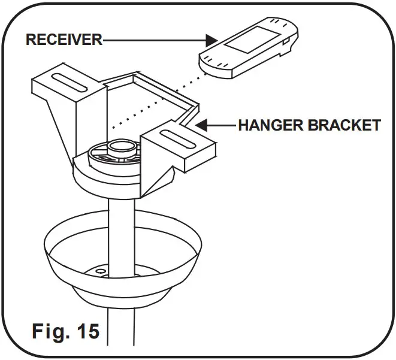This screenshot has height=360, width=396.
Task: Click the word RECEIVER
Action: pyautogui.click(x=64, y=40)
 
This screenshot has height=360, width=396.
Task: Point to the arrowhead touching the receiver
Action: pyautogui.click(x=210, y=41)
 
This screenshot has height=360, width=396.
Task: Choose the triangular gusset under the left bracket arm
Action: pyautogui.click(x=60, y=126)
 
